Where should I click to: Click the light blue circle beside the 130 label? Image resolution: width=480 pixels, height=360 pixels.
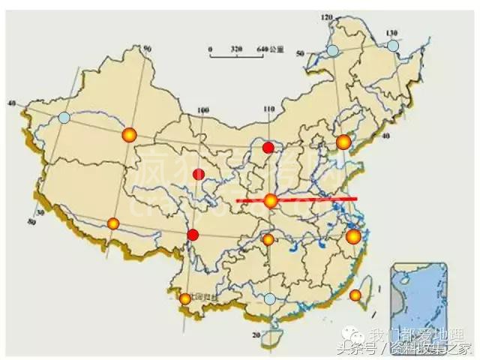393,46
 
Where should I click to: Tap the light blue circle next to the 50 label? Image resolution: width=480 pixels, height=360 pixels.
332,50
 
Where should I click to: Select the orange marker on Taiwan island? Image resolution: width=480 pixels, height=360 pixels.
355,295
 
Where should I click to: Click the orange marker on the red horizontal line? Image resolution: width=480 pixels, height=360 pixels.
271,200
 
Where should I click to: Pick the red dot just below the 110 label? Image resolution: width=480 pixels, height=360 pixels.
268,148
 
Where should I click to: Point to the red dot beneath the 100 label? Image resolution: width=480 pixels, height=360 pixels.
198,175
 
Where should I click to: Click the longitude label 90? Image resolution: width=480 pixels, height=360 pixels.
148,49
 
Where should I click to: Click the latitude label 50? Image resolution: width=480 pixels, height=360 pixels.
299,53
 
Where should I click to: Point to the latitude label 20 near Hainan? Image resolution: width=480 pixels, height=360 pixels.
256,334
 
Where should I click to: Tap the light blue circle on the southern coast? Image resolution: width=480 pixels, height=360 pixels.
270,298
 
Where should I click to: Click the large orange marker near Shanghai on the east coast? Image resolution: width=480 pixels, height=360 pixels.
353,238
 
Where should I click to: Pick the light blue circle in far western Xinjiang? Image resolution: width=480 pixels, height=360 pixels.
64,118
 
